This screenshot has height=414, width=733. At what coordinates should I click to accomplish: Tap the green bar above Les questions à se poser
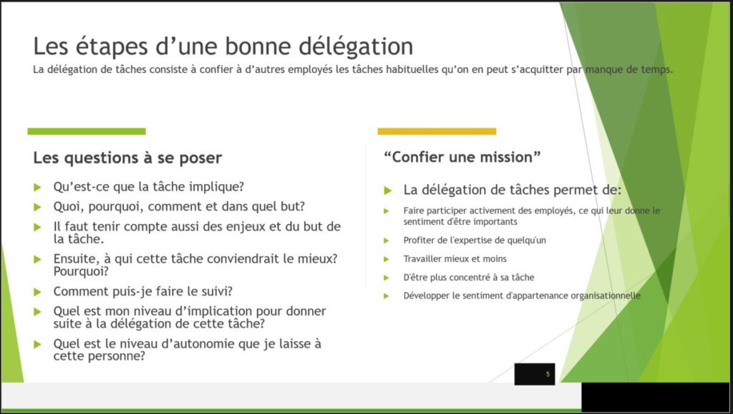(87, 132)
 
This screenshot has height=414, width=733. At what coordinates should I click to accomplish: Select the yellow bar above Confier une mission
(437, 132)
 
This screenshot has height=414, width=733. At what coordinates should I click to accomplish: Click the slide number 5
(548, 374)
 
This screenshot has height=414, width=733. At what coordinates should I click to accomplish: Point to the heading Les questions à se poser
(127, 158)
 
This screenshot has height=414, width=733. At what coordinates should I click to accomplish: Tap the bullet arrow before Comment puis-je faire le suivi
(37, 292)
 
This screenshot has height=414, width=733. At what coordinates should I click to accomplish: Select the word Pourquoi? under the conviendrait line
(81, 271)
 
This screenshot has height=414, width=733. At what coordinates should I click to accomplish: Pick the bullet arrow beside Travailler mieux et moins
(386, 259)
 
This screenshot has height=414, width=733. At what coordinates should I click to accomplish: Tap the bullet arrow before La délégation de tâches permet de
(387, 191)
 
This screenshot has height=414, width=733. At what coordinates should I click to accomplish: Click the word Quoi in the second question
(69, 207)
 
